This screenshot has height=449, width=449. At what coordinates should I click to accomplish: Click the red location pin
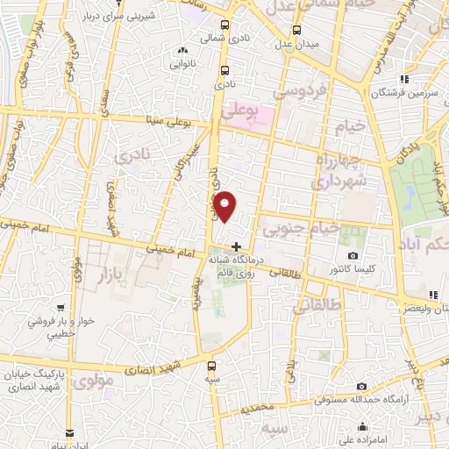point(225,206)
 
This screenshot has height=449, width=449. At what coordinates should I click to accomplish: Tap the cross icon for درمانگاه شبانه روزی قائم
point(235,246)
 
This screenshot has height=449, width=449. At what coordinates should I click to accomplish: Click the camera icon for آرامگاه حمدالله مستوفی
point(362,387)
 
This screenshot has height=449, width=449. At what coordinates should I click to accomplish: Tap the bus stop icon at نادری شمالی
point(225,25)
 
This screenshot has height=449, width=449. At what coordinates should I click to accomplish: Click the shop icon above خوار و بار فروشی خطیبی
point(61,307)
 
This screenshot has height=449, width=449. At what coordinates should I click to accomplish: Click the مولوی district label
point(95,381)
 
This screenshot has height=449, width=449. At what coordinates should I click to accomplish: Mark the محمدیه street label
point(260,408)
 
